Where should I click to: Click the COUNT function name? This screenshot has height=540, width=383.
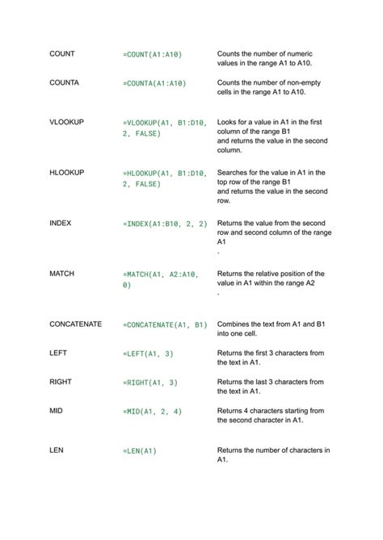pyautogui.click(x=62, y=54)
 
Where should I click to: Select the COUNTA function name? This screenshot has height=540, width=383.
pyautogui.click(x=65, y=82)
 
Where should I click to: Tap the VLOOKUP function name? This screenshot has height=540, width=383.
pyautogui.click(x=67, y=122)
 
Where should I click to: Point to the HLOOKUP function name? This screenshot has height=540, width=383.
pyautogui.click(x=67, y=173)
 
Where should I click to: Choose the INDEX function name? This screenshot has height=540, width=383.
pyautogui.click(x=61, y=223)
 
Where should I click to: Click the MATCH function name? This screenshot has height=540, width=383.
pyautogui.click(x=62, y=274)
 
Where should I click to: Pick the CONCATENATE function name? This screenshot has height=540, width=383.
pyautogui.click(x=76, y=324)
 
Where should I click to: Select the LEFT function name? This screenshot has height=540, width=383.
pyautogui.click(x=58, y=354)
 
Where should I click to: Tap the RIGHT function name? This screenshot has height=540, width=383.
pyautogui.click(x=61, y=382)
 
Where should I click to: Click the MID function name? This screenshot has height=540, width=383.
pyautogui.click(x=56, y=411)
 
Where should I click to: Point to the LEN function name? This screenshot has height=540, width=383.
pyautogui.click(x=57, y=450)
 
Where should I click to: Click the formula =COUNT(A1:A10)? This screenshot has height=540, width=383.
pyautogui.click(x=153, y=54)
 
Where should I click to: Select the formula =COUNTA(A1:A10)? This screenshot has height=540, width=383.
pyautogui.click(x=155, y=83)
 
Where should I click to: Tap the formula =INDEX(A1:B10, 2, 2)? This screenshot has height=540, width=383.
pyautogui.click(x=166, y=224)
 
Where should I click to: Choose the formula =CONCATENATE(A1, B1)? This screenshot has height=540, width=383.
pyautogui.click(x=166, y=325)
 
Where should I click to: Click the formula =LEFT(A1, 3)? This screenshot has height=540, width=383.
pyautogui.click(x=149, y=354)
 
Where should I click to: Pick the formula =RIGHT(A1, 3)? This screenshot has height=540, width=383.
pyautogui.click(x=150, y=383)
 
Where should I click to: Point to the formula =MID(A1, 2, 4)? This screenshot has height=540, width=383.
pyautogui.click(x=153, y=412)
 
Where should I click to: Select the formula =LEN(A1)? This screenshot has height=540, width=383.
pyautogui.click(x=140, y=451)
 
